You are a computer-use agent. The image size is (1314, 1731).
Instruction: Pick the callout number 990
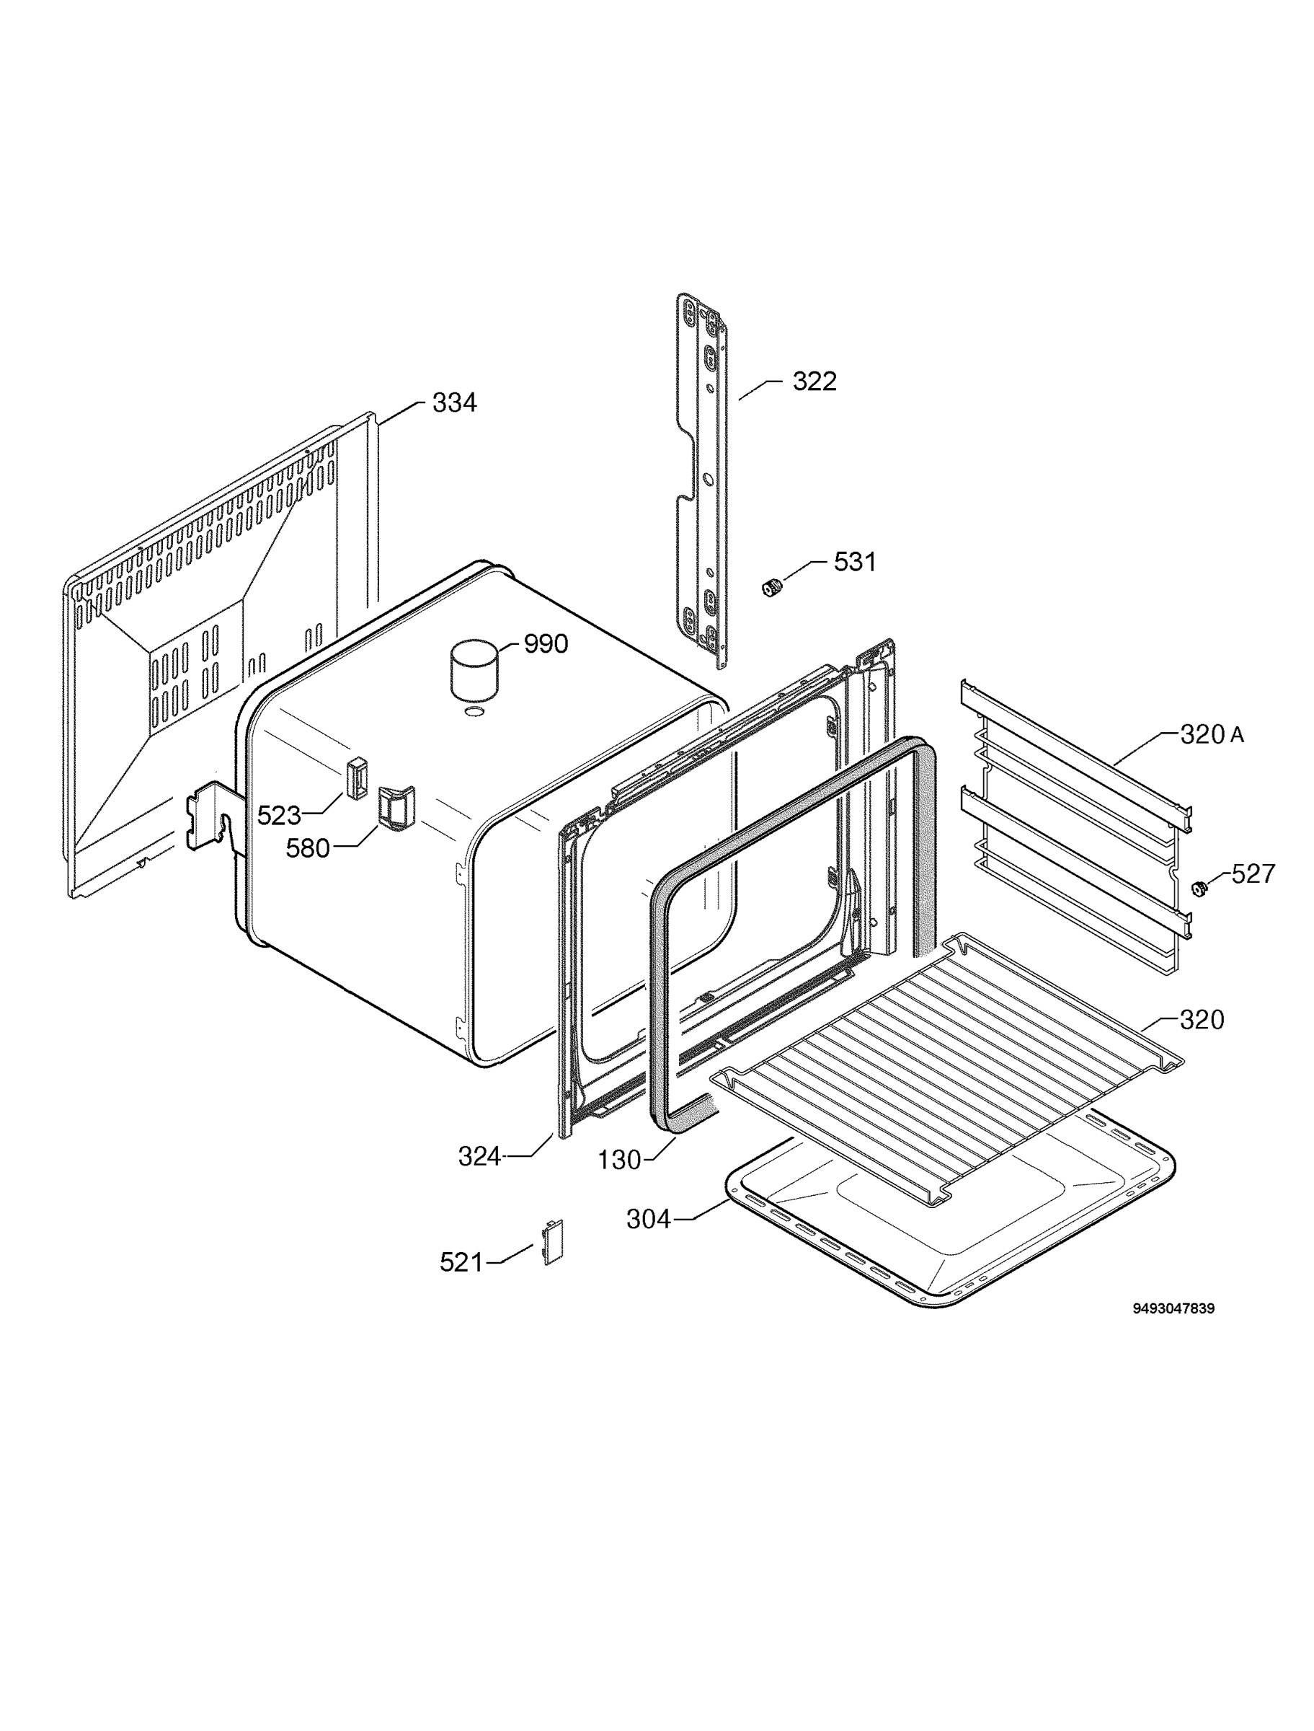pos(546,644)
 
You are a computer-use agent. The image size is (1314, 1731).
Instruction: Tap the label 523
pos(279,816)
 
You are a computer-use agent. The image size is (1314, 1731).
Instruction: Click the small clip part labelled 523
pos(357,778)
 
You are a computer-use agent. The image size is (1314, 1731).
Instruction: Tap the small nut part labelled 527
pos(1197,887)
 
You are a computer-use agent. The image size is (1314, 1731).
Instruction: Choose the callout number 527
pos(1253,873)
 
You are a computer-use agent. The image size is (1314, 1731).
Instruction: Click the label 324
pos(479,1156)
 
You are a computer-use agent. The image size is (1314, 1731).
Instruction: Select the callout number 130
pos(619,1160)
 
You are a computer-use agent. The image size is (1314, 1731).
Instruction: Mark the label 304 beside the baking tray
pos(649,1218)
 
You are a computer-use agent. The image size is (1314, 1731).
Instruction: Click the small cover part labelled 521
pos(553,1243)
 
